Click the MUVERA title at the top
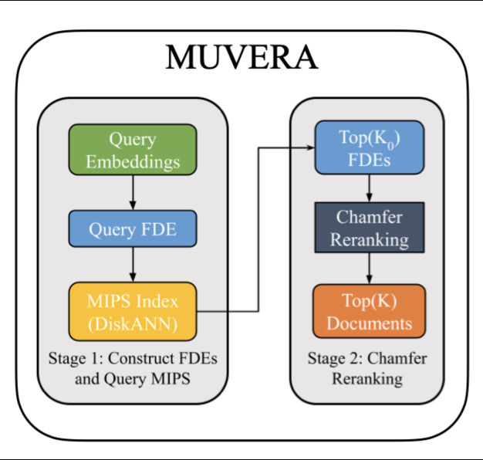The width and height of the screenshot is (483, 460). pos(241,59)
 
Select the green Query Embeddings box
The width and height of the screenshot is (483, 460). pos(133,151)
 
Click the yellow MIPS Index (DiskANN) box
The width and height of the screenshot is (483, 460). pos(133,311)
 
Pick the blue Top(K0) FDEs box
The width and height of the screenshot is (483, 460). pos(370,147)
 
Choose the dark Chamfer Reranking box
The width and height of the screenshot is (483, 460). pos(370,228)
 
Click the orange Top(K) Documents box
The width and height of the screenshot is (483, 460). pos(370,311)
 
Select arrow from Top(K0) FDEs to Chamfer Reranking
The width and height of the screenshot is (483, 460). pos(370,188)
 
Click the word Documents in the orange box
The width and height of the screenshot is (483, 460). pos(370,323)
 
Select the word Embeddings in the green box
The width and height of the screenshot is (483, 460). pos(133,162)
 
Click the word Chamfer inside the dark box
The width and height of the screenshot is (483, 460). pos(370,216)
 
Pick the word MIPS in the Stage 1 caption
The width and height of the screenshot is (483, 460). pos(168,379)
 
